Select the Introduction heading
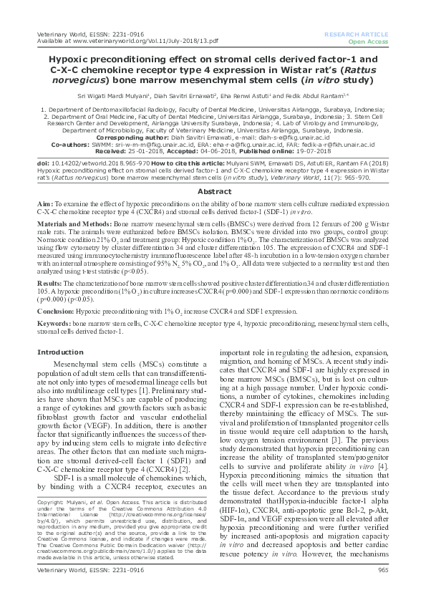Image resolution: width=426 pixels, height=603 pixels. tap(60, 352)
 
